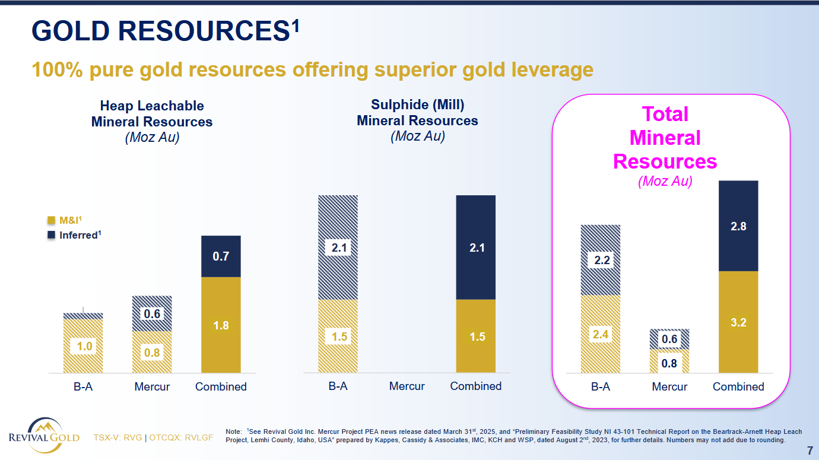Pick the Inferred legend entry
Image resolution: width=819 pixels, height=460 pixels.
click(x=75, y=235)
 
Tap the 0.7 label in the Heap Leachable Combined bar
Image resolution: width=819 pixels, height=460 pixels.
click(x=221, y=256)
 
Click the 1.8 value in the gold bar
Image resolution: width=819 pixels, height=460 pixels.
click(x=221, y=325)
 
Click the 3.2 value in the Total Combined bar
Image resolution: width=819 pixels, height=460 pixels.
click(x=738, y=323)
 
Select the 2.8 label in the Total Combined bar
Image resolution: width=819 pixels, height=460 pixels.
click(x=738, y=226)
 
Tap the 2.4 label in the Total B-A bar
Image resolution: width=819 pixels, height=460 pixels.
click(x=601, y=335)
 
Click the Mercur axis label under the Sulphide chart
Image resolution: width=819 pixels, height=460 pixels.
click(x=407, y=386)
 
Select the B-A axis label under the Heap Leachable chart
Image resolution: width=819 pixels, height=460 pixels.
click(x=83, y=387)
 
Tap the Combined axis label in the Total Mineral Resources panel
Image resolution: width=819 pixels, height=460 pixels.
click(x=738, y=387)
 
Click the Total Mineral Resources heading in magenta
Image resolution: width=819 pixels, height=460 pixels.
click(x=665, y=138)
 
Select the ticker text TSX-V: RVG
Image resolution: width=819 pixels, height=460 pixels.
click(x=118, y=438)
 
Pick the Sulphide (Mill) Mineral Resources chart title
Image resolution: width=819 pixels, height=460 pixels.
click(x=417, y=113)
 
